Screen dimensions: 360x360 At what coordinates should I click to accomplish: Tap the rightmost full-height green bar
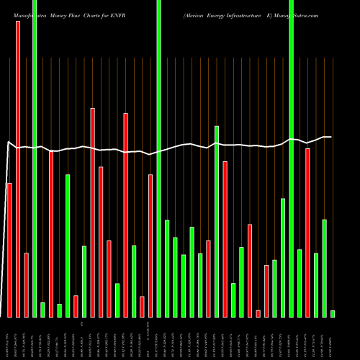coord(291,158)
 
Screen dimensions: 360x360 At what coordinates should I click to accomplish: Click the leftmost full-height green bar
coord(35,158)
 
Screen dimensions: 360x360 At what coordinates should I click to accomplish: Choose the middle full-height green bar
coord(158,158)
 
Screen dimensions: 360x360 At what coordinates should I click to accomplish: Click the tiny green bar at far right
coord(333,313)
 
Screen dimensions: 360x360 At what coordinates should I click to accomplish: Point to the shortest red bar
coord(258,313)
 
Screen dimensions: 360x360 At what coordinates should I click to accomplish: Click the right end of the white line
coord(331,137)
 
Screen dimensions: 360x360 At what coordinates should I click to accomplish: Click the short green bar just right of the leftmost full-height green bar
coord(42,310)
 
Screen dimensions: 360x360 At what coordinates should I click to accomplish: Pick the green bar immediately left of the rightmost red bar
coord(300,283)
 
